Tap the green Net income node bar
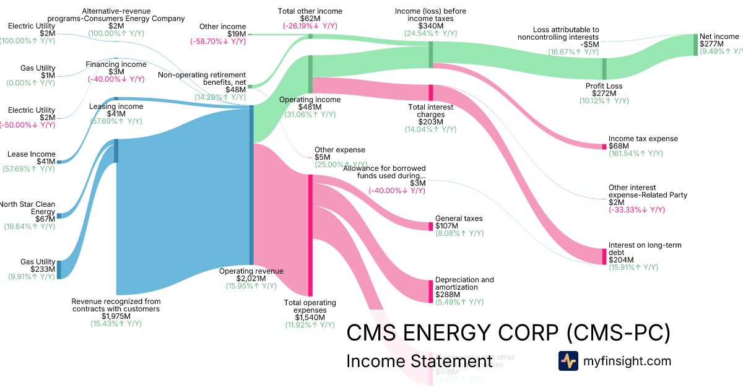[x=695, y=45]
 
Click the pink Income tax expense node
[x=604, y=146]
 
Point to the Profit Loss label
[x=604, y=86]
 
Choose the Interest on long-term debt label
[x=645, y=249]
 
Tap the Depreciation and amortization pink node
[x=430, y=291]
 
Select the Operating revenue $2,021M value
[x=251, y=279]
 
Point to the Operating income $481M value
[x=310, y=106]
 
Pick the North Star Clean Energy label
[x=28, y=208]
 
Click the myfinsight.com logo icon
[x=568, y=361]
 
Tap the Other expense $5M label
[x=339, y=153]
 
